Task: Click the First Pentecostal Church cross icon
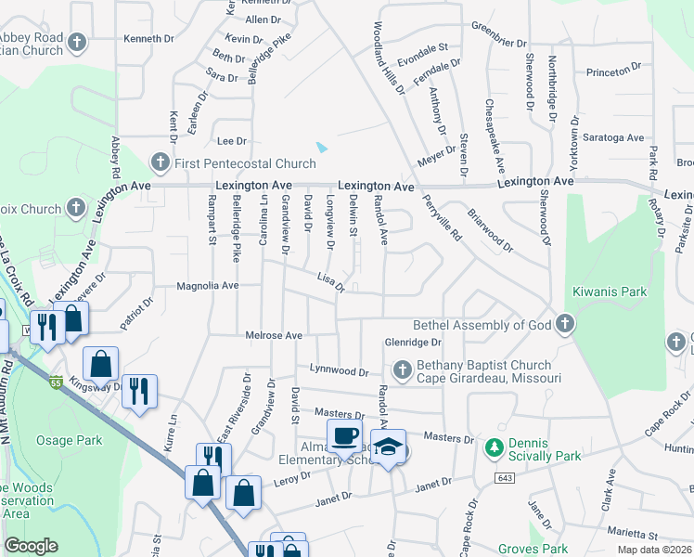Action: pos(160,163)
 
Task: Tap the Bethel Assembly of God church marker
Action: pos(564,325)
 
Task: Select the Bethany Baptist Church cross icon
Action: pos(403,370)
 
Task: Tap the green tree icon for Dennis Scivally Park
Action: pos(495,448)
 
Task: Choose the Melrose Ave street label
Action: pos(274,335)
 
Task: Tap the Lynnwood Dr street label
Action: pos(339,370)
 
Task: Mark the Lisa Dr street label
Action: pos(330,281)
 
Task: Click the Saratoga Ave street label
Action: pos(610,137)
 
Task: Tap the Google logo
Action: pos(31,546)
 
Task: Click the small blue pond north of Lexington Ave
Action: pos(322,147)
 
